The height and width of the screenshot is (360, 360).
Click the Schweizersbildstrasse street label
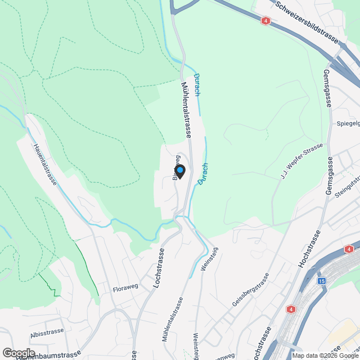(x=307, y=22)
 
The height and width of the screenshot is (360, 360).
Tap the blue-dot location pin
(x=179, y=170)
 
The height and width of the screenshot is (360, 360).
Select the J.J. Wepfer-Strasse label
(x=302, y=161)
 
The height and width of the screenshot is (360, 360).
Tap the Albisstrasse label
(x=45, y=333)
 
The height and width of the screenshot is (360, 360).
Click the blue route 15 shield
(x=322, y=281)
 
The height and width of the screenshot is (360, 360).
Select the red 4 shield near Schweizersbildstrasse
(x=265, y=21)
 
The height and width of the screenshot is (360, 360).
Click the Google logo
(x=19, y=353)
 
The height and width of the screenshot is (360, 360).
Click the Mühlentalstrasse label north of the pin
(x=186, y=110)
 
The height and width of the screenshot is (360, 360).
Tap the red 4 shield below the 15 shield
(x=291, y=309)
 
